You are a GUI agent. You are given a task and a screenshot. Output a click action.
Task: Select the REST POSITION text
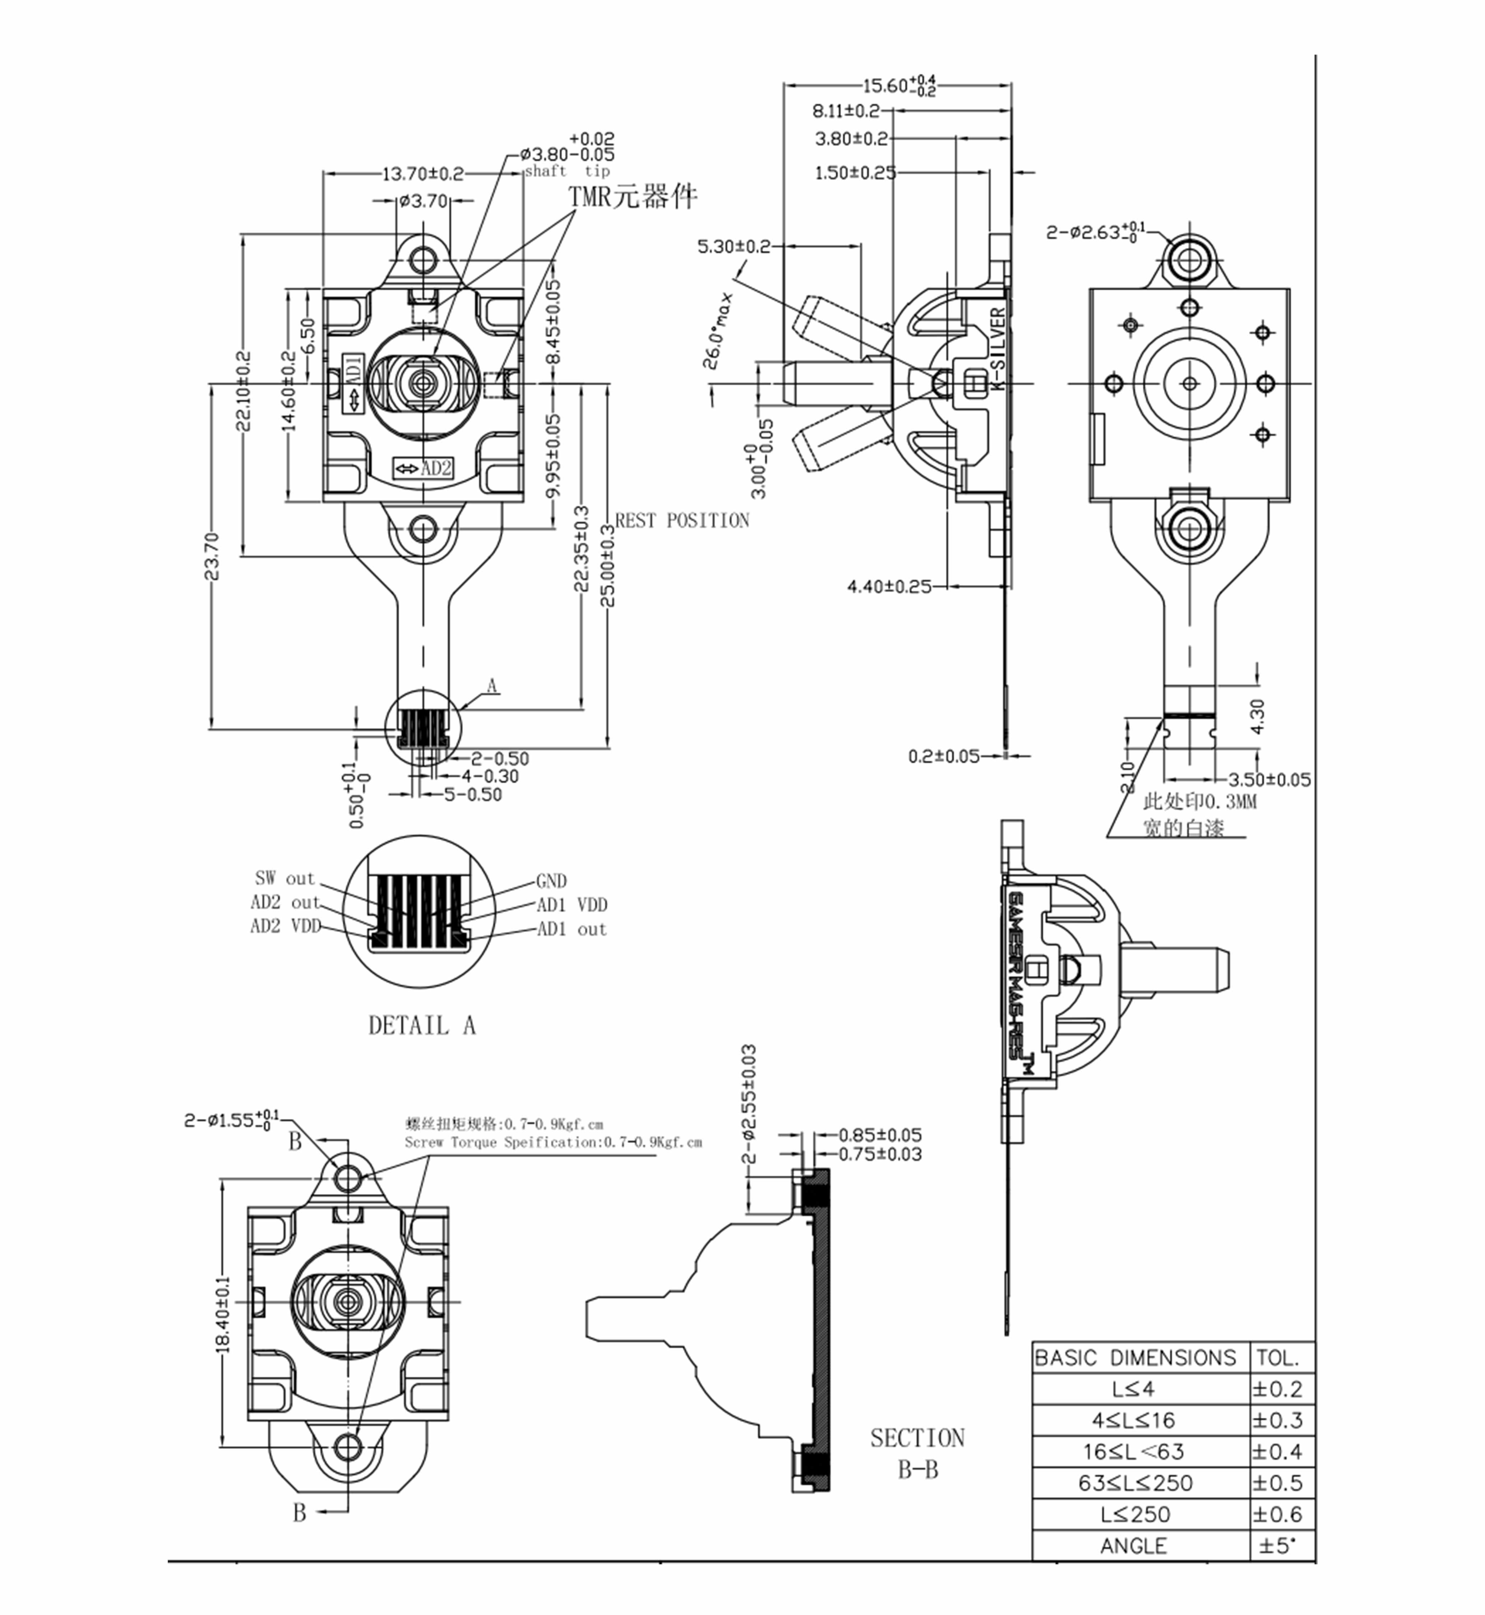pyautogui.click(x=682, y=521)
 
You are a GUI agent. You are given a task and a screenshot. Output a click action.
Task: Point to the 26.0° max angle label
pyautogui.click(x=718, y=329)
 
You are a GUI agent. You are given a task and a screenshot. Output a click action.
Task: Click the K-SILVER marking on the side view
pyautogui.click(x=997, y=348)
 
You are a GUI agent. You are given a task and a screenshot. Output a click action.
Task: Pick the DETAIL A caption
pyautogui.click(x=422, y=1026)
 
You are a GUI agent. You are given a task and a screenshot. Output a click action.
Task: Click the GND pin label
pyautogui.click(x=551, y=881)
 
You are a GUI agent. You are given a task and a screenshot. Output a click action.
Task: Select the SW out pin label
pyautogui.click(x=284, y=879)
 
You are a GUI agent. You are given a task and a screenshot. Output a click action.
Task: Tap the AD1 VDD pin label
pyautogui.click(x=572, y=905)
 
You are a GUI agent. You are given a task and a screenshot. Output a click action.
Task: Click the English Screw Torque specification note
pyautogui.click(x=553, y=1142)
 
